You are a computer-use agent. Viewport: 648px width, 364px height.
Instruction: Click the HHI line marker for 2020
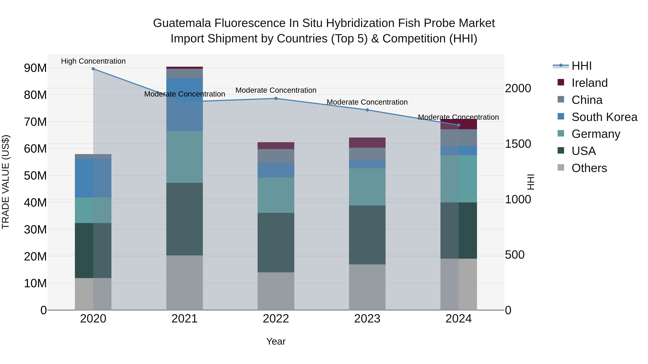click(93, 69)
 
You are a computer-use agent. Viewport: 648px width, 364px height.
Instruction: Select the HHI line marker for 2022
click(276, 99)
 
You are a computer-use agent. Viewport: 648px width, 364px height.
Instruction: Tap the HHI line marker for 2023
click(367, 110)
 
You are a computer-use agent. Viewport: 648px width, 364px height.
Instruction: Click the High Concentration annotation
click(93, 61)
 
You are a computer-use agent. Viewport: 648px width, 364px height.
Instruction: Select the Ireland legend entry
click(589, 83)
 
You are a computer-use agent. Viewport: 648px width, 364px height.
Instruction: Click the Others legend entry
click(589, 168)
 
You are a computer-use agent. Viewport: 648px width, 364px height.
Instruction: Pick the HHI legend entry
click(581, 66)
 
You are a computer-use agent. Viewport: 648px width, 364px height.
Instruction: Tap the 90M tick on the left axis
click(35, 68)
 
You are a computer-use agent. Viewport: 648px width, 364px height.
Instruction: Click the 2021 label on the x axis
click(184, 319)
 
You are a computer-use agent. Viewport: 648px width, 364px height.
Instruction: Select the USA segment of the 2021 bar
click(184, 219)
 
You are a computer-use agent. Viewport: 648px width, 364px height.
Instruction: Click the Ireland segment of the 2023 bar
click(367, 143)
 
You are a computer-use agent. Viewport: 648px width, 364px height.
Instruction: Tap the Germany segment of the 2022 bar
click(276, 195)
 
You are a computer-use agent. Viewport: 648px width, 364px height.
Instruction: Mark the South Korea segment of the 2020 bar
click(93, 178)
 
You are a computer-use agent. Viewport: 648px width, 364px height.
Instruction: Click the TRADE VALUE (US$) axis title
click(6, 182)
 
